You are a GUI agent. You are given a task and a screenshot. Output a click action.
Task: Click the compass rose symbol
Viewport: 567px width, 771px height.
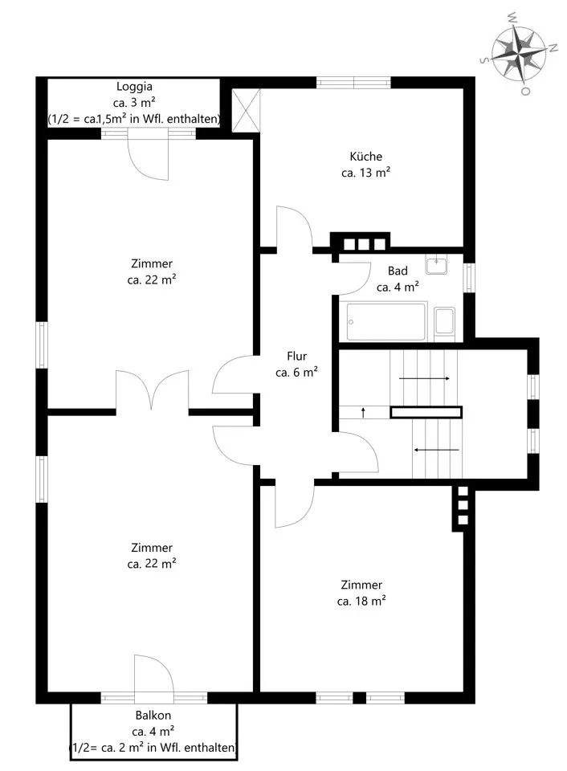pyautogui.click(x=519, y=53)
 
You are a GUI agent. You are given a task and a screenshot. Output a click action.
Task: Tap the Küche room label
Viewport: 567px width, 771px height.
pyautogui.click(x=365, y=157)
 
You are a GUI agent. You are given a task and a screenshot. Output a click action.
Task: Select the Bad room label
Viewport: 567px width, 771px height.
pyautogui.click(x=398, y=271)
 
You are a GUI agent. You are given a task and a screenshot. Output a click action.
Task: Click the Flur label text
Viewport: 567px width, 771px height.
pyautogui.click(x=296, y=356)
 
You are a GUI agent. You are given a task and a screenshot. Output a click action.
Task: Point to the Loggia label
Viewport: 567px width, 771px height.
pyautogui.click(x=134, y=87)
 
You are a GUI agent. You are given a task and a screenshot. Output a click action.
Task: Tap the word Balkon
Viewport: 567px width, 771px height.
pyautogui.click(x=153, y=715)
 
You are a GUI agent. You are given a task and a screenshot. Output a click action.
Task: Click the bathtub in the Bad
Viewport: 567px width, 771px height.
pyautogui.click(x=386, y=321)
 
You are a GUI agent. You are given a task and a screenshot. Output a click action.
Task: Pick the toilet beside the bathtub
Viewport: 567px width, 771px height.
pyautogui.click(x=445, y=322)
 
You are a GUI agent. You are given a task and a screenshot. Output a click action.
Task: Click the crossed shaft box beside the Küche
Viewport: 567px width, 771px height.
pyautogui.click(x=246, y=110)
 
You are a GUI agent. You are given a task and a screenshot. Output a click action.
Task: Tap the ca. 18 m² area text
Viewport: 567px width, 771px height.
pyautogui.click(x=361, y=602)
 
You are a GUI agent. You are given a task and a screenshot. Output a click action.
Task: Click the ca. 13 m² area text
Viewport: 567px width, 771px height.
pyautogui.click(x=365, y=173)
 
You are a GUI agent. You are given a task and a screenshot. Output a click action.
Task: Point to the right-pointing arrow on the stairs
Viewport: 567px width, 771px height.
pyautogui.click(x=424, y=378)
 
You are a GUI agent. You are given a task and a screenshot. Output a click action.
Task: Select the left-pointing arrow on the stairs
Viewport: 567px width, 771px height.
pyautogui.click(x=437, y=450)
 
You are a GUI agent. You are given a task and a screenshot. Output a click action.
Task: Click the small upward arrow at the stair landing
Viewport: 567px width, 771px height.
pyautogui.click(x=364, y=413)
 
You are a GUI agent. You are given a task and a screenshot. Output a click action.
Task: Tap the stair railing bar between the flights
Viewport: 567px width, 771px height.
pyautogui.click(x=426, y=412)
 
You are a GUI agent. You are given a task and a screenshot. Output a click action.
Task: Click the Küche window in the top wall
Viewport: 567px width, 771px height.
pyautogui.click(x=353, y=82)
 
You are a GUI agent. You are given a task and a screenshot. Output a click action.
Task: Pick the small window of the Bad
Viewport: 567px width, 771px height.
pyautogui.click(x=470, y=278)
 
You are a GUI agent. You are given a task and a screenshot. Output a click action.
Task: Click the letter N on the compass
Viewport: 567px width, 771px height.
pyautogui.click(x=553, y=48)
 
